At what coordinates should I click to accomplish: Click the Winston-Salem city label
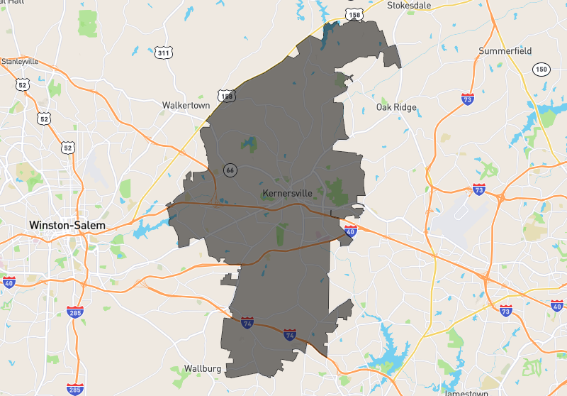67,225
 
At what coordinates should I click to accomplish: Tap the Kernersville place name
287,193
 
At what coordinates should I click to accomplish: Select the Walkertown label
186,105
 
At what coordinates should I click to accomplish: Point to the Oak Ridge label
396,108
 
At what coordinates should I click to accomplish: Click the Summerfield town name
505,51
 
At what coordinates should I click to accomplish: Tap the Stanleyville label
19,61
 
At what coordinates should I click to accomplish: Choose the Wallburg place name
203,369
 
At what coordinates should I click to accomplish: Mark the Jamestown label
466,392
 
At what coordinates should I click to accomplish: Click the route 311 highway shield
164,53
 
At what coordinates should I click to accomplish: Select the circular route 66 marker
230,170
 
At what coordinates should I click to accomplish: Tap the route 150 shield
541,69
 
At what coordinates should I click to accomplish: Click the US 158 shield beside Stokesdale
354,13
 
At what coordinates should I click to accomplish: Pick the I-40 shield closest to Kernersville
350,231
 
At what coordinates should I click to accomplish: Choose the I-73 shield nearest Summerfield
468,99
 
